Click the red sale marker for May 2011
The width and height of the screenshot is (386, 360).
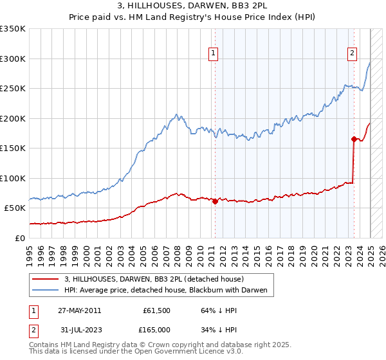tap(215, 201)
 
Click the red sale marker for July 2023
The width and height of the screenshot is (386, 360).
tap(354, 139)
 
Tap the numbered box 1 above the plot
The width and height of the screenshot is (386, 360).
tap(213, 54)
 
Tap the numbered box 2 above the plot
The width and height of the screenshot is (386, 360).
tap(353, 54)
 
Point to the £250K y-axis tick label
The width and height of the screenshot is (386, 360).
tap(13, 89)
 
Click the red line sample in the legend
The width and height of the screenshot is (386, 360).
tap(46, 280)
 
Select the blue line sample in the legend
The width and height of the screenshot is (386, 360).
tap(46, 291)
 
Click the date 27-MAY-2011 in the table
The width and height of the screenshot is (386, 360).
tap(79, 310)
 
